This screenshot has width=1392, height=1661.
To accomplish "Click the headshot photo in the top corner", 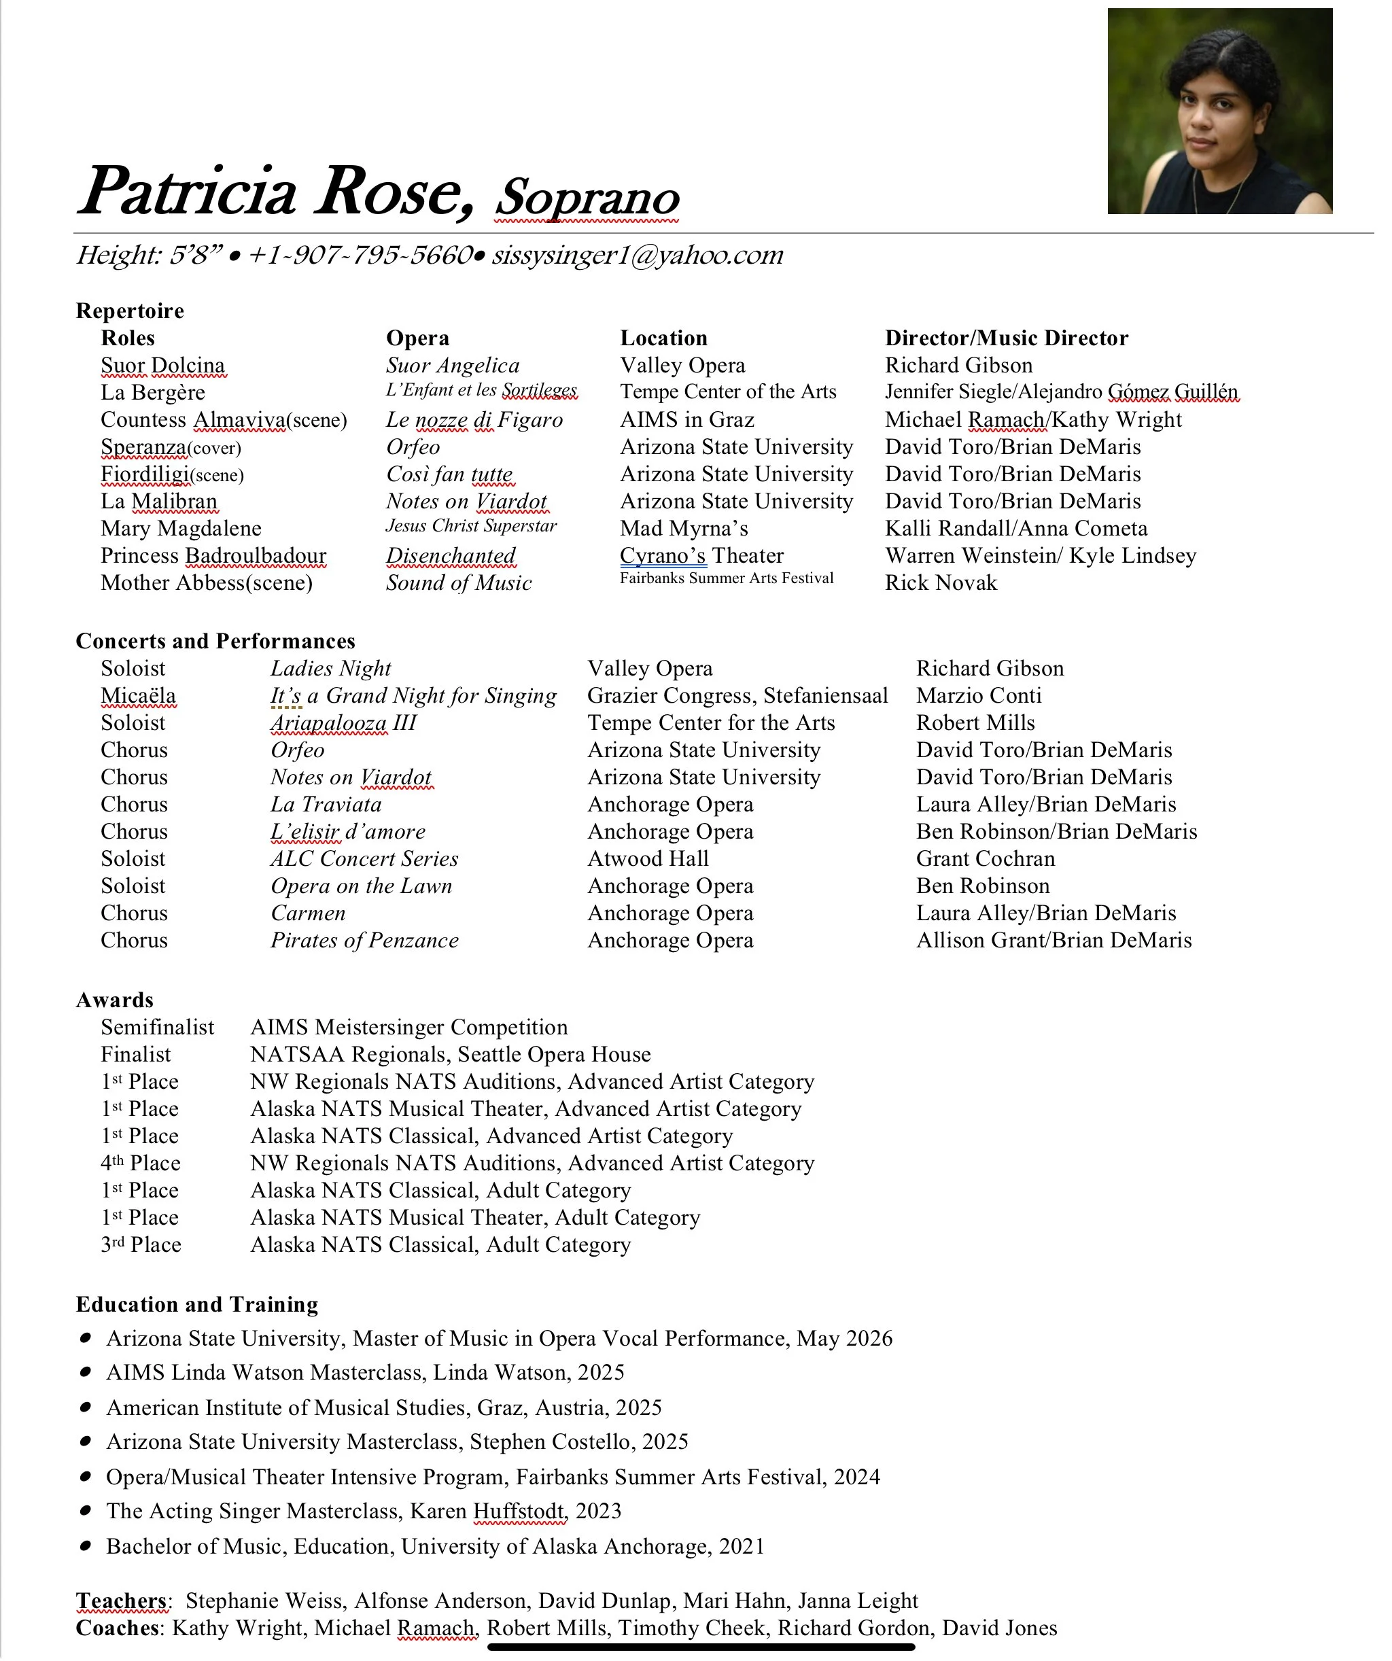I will tap(1219, 111).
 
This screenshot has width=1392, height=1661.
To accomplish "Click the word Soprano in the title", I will tap(587, 198).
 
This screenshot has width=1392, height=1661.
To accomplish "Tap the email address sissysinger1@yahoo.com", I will tap(638, 256).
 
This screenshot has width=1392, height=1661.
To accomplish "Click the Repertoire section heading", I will tap(130, 311).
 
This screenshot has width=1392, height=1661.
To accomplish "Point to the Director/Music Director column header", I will tap(1006, 338).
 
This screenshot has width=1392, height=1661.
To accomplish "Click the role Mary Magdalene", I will tap(181, 528).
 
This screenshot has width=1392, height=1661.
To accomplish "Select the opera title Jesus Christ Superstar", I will tap(472, 527).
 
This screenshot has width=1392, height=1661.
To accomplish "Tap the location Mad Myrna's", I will tap(684, 528).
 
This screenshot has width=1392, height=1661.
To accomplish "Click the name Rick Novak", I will tap(941, 583).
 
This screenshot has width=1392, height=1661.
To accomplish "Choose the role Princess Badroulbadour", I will tap(213, 556).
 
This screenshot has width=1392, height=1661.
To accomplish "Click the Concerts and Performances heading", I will tap(215, 642).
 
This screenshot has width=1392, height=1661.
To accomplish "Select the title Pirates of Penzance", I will tap(364, 941).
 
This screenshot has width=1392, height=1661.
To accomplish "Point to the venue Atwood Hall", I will tap(648, 859).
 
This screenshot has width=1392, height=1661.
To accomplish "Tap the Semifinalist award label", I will tap(158, 1028).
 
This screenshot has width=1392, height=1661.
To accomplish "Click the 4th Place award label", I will tap(141, 1164).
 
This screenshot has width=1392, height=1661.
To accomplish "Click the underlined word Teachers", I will tap(122, 1601).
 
